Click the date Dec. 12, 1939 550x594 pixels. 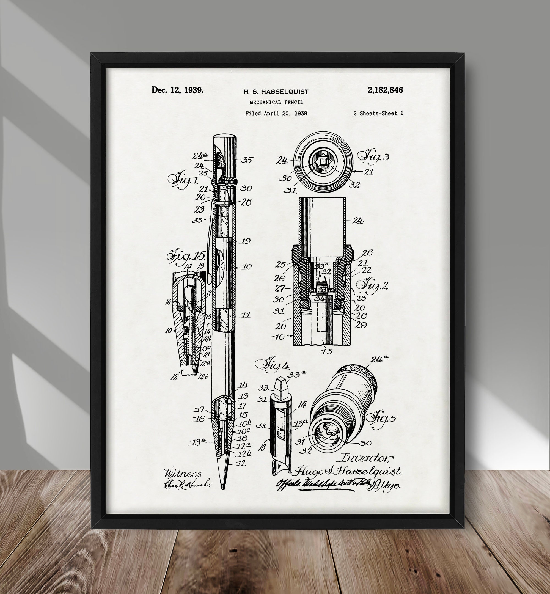178,90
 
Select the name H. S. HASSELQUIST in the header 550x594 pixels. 276,92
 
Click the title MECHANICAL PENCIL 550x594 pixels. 276,102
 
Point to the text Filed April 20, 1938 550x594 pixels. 276,113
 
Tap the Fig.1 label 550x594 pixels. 183,180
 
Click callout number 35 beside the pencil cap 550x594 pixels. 247,160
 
